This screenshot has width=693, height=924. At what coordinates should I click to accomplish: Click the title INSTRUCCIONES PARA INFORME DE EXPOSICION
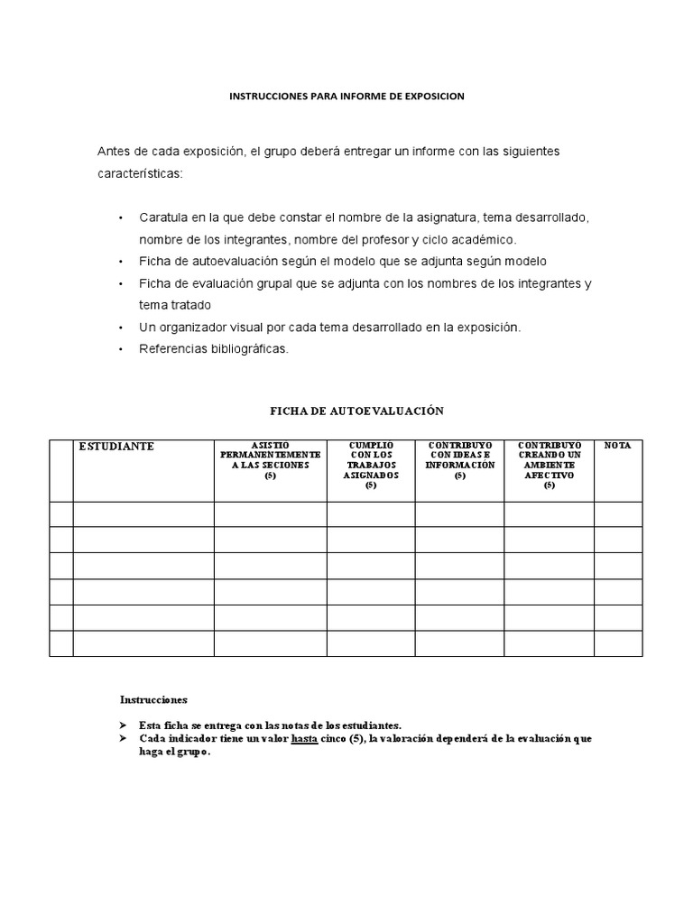[x=346, y=97]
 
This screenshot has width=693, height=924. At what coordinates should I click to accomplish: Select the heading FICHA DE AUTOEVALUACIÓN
[x=357, y=411]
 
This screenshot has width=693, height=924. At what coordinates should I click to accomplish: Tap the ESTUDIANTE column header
[x=116, y=447]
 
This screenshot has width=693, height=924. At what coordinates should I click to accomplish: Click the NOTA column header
[x=617, y=446]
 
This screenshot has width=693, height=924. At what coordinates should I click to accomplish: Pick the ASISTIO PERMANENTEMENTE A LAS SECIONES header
[x=270, y=459]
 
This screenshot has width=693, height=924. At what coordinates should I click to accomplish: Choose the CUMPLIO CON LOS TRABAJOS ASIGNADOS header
[x=370, y=465]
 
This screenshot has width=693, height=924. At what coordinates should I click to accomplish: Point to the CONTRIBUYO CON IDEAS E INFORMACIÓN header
[x=459, y=459]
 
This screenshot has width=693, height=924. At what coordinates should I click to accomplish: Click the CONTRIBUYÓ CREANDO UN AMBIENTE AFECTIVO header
[x=549, y=465]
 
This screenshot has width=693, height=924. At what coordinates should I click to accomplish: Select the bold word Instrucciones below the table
[x=153, y=699]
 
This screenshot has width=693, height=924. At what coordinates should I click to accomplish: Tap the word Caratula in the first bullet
[x=161, y=218]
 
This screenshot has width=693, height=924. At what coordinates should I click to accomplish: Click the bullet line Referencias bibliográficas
[x=214, y=348]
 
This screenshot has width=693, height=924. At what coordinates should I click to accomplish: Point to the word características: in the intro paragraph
[x=140, y=172]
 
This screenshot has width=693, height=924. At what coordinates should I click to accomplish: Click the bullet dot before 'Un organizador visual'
[x=121, y=327]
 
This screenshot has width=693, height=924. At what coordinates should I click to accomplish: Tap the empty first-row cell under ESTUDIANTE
[x=143, y=514]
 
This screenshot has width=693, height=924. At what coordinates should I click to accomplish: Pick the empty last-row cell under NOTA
[x=617, y=643]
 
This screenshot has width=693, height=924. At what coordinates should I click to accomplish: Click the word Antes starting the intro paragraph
[x=113, y=151]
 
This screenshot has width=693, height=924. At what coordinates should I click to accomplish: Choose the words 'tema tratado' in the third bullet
[x=174, y=305]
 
